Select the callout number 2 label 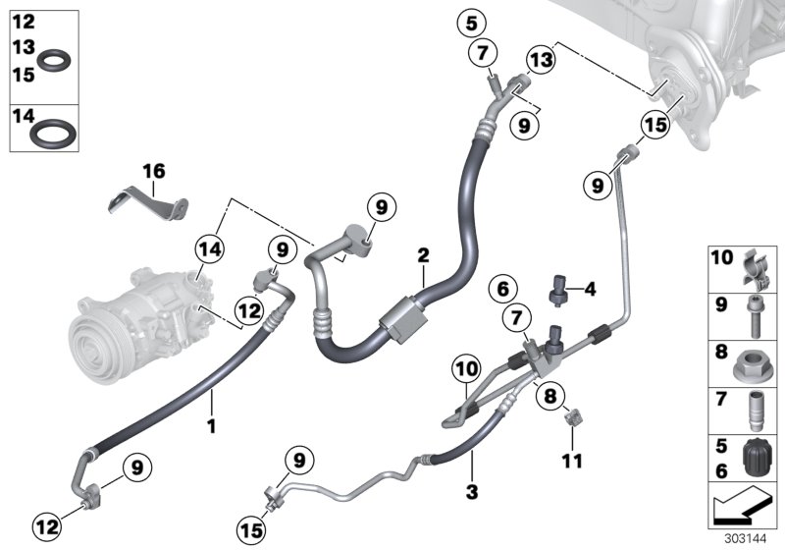(423, 255)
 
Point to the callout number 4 (590, 290)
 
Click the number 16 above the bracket (154, 171)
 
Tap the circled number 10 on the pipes (466, 372)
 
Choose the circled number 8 (549, 396)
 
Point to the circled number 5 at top (472, 22)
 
